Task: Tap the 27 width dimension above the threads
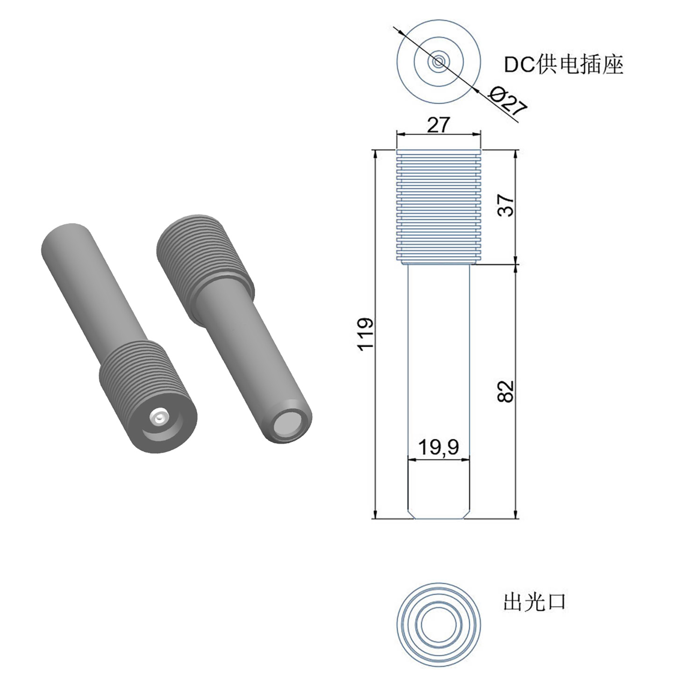pos(439,125)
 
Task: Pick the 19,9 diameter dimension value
pos(439,447)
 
